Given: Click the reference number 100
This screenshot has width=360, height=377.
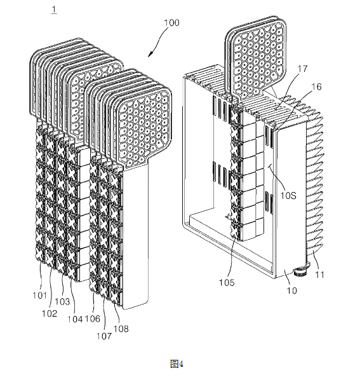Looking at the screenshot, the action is point(171,23).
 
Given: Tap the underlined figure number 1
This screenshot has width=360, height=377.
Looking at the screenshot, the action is point(54,10).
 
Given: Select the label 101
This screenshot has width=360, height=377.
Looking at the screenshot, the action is point(39,295).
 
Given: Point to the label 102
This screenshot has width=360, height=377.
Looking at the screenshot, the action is point(50,313).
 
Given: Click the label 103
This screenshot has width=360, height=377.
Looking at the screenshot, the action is point(62,301).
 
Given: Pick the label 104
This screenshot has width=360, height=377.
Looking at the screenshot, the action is point(75,319).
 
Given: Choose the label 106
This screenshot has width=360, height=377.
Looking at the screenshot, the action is point(92,319).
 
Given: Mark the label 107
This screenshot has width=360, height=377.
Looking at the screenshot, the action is point(104,336).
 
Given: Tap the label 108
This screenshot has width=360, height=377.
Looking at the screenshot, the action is point(121,329).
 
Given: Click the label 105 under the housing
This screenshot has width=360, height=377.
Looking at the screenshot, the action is point(227,282).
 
